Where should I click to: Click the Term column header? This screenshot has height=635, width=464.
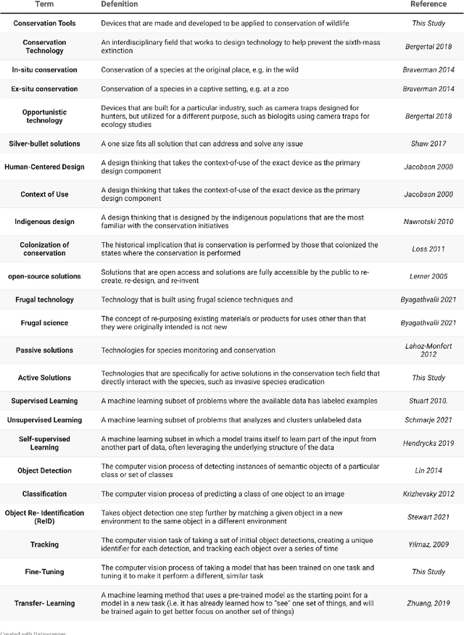(44, 4)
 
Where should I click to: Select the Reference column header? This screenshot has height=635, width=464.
(428, 4)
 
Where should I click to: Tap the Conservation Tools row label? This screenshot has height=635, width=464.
(44, 23)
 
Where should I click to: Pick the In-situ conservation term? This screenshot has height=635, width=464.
(44, 70)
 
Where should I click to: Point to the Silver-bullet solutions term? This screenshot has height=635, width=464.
(44, 144)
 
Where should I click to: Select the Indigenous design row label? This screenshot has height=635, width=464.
(44, 221)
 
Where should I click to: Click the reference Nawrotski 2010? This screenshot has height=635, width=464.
(428, 221)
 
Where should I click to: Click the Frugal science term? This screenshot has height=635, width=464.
(44, 323)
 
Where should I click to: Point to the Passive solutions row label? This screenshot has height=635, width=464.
(44, 350)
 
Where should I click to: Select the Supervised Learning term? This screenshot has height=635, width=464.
(44, 401)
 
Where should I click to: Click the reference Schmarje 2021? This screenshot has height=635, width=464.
(428, 420)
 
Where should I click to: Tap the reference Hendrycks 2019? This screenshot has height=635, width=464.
(428, 443)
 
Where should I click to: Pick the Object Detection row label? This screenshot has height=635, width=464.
(44, 470)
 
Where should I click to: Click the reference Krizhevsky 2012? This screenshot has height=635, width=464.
(428, 494)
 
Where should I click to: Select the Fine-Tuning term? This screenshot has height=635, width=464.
(44, 571)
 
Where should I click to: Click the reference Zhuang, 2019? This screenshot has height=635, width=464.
(428, 602)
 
